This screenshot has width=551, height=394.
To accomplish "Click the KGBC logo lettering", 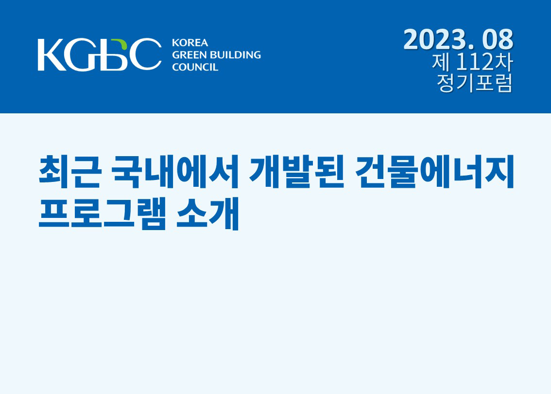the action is [100, 54].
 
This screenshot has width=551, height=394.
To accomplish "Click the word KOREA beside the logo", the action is [190, 43].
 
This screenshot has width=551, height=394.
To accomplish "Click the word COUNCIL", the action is [195, 67].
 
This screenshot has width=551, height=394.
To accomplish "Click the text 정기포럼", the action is [474, 83].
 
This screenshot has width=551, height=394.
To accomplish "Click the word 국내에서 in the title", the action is [175, 171].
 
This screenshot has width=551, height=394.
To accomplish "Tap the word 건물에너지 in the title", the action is [434, 171].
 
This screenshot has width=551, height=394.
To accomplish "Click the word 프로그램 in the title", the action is [102, 214].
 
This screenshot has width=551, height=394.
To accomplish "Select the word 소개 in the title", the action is [207, 214].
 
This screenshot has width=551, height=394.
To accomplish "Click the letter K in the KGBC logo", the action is [52, 54].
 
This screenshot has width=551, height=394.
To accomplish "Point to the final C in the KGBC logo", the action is [145, 54].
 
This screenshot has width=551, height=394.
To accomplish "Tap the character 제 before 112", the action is [441, 62].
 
